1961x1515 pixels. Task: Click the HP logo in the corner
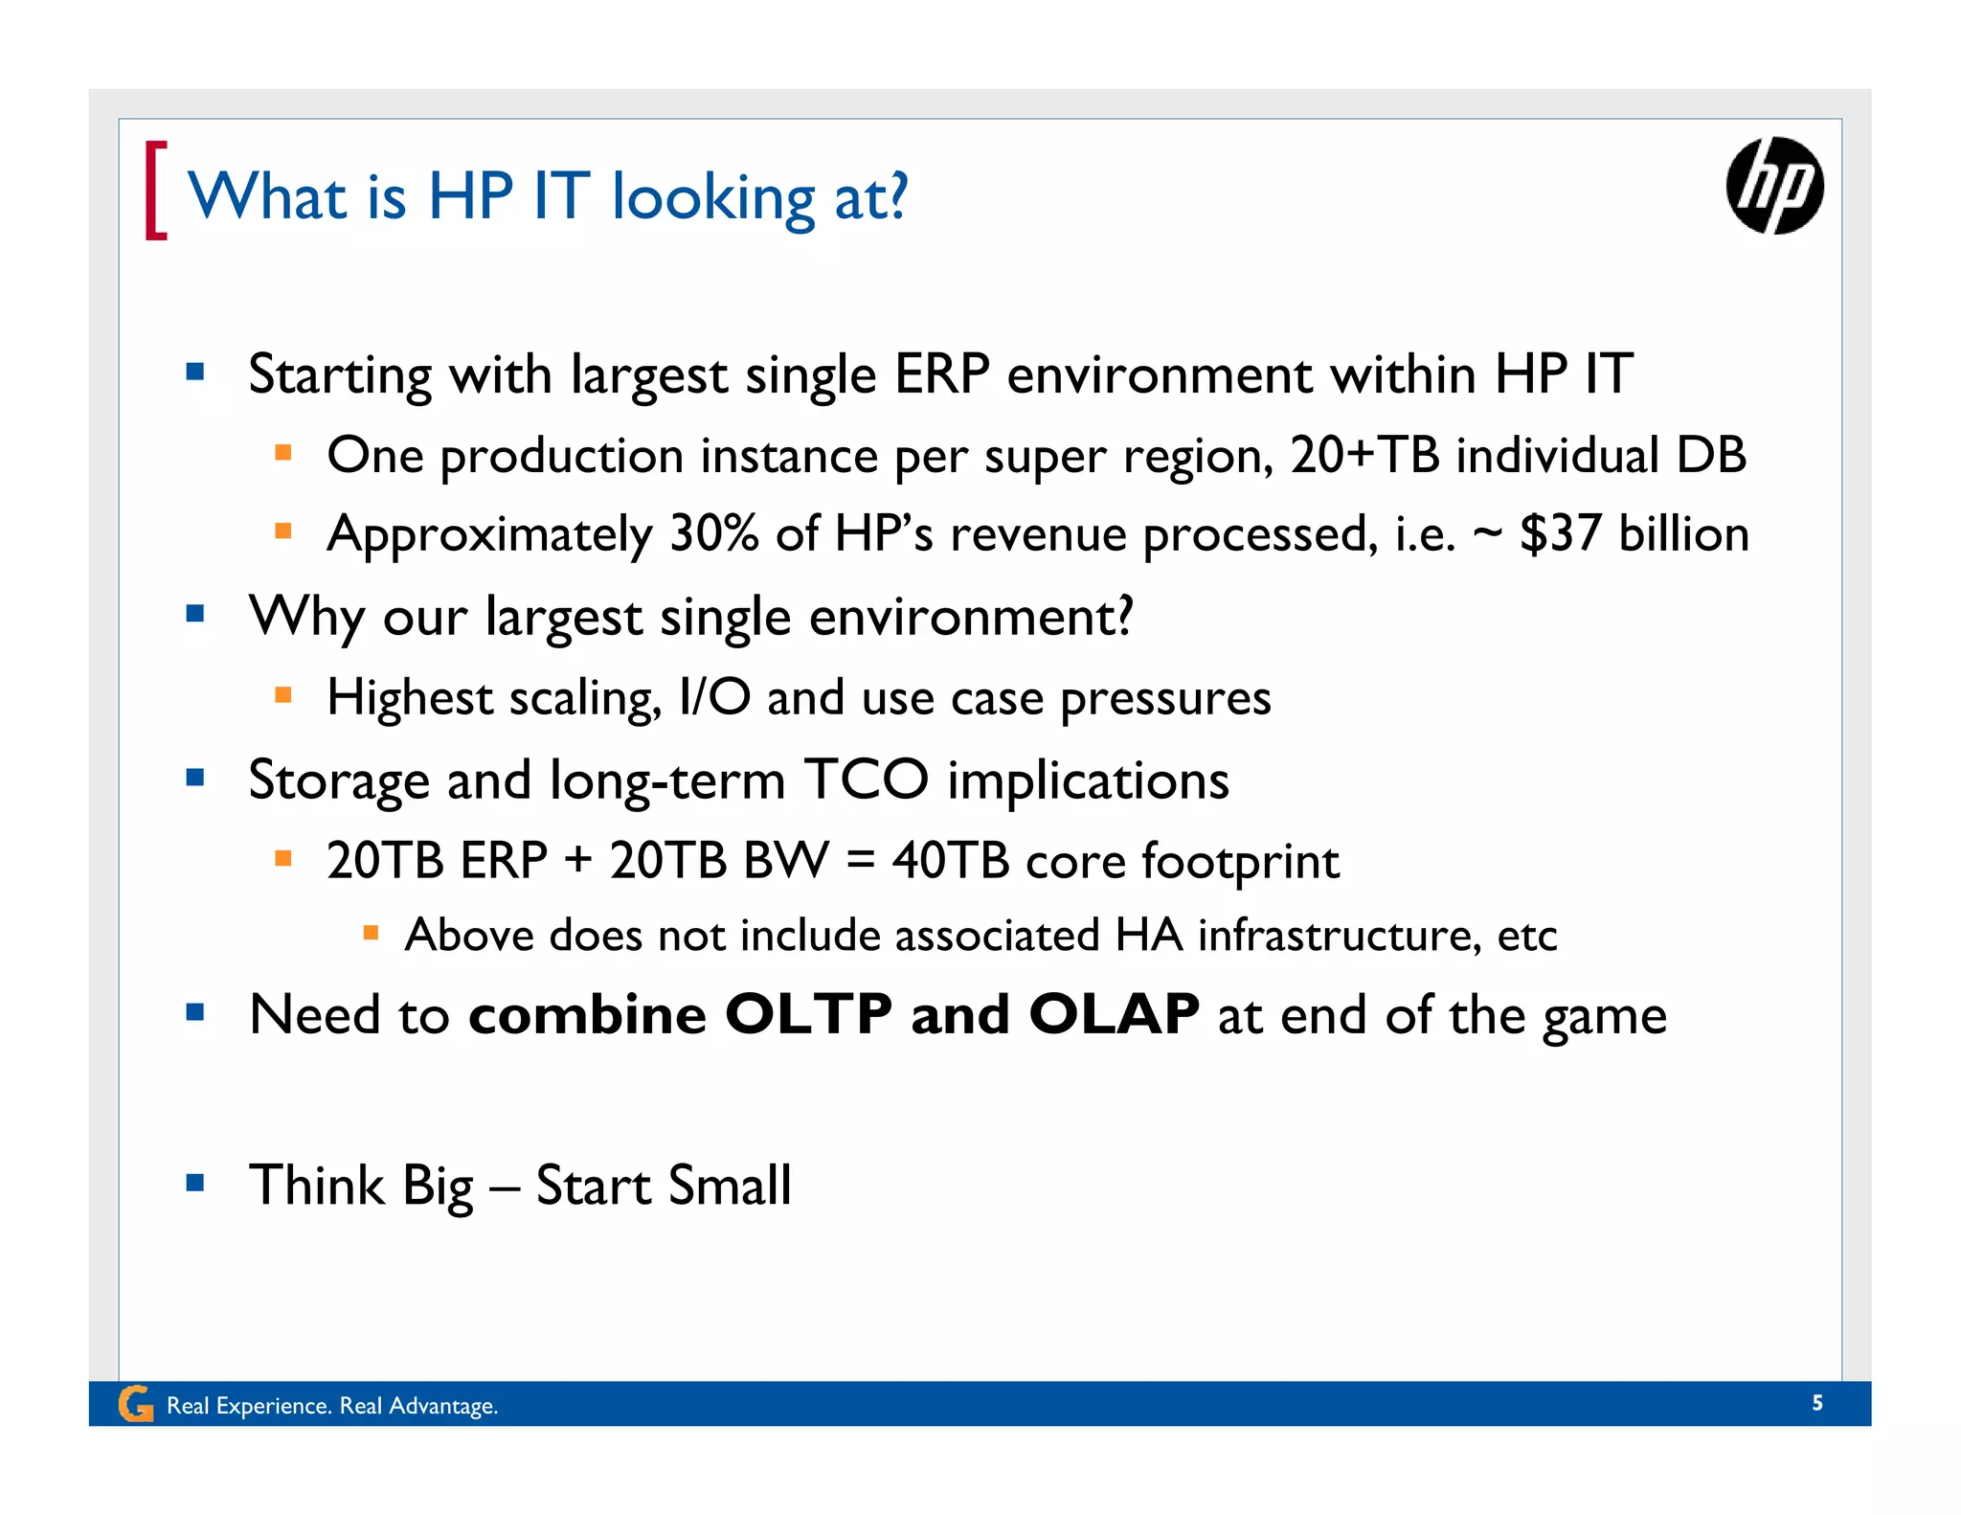click(1774, 186)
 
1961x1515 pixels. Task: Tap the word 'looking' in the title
click(713, 198)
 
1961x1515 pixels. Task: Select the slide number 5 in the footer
click(1816, 1403)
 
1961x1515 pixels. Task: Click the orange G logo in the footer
click(135, 1405)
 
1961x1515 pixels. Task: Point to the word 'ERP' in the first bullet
click(941, 373)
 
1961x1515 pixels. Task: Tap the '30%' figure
click(713, 533)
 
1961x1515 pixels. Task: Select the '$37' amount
click(1560, 533)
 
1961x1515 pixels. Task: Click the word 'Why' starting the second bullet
click(306, 617)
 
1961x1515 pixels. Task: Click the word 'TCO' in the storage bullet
click(866, 780)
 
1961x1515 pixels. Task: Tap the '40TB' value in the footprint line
click(950, 860)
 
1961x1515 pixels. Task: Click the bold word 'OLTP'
click(808, 1014)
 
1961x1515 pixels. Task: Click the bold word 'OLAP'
click(1113, 1014)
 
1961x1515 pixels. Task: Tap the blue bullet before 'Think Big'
click(195, 1183)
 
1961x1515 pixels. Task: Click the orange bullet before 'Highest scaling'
click(282, 695)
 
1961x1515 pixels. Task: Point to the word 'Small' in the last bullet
click(730, 1186)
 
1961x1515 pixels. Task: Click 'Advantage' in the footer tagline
click(441, 1406)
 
